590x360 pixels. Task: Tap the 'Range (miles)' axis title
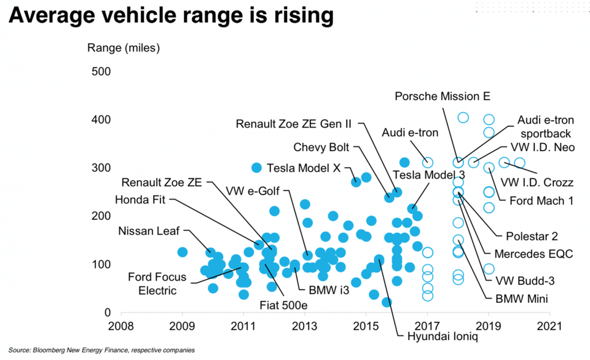tap(124, 47)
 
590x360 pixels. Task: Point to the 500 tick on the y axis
tap(100, 72)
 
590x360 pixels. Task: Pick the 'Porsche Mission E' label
tap(442, 96)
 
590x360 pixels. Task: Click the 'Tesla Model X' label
tap(304, 168)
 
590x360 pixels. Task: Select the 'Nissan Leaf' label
tap(149, 232)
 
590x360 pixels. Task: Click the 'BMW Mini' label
tap(521, 300)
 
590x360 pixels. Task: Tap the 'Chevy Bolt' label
tap(321, 147)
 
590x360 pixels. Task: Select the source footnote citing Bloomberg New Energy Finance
tap(102, 350)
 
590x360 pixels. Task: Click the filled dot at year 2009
tap(183, 252)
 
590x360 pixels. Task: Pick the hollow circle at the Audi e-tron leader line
tap(428, 163)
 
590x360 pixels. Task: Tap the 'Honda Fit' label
tap(141, 200)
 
